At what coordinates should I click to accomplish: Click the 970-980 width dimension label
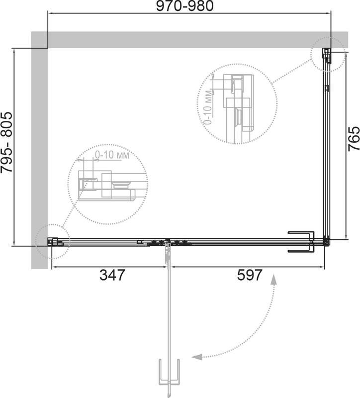coord(184,6)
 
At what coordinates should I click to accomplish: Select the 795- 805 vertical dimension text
coord(6,142)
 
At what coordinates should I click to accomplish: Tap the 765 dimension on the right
coord(354,139)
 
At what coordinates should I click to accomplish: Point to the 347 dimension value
coord(112,275)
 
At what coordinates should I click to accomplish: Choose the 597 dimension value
coord(250,275)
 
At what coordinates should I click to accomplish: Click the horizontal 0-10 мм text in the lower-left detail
coord(112,155)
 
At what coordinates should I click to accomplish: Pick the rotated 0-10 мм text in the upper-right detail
coord(208,107)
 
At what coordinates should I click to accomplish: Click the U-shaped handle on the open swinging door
coord(169,370)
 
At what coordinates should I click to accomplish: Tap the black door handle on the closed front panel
coord(302,242)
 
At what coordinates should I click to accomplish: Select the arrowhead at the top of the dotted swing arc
coord(274,279)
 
